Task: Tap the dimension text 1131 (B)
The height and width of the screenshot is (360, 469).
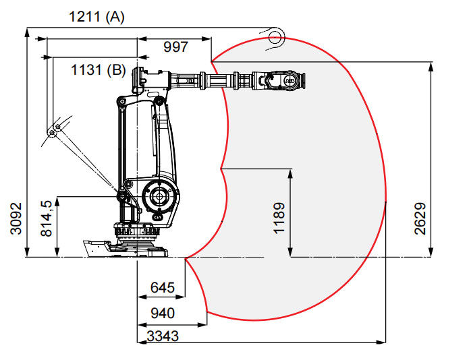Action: pos(99,69)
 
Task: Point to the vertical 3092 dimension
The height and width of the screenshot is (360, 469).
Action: pos(15,218)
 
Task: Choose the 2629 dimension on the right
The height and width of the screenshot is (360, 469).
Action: pos(420,218)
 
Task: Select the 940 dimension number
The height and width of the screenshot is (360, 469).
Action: pos(162,313)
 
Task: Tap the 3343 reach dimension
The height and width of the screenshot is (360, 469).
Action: pos(162,335)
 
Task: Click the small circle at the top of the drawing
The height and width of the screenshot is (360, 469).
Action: pos(275,36)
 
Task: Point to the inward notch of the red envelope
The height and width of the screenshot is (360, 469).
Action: pos(223,167)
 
